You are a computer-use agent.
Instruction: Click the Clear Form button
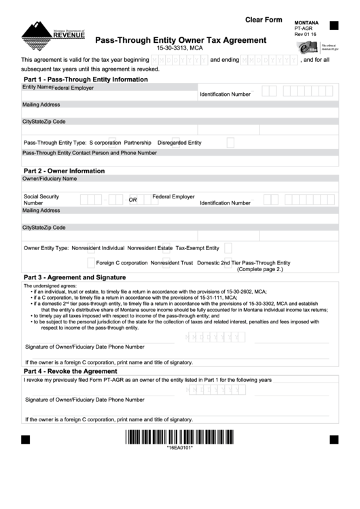click(x=263, y=20)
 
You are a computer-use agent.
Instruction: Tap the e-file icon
click(x=308, y=47)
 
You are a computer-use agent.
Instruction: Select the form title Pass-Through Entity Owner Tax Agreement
click(x=180, y=40)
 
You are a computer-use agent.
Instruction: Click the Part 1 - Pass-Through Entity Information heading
click(x=86, y=80)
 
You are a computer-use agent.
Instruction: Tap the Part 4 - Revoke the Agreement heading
click(x=71, y=372)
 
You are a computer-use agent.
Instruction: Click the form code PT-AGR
click(x=303, y=29)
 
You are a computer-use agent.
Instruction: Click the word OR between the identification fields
click(x=133, y=200)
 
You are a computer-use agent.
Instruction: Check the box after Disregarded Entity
click(x=230, y=143)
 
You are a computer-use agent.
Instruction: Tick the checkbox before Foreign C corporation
click(x=91, y=263)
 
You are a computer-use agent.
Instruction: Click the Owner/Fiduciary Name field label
click(x=50, y=179)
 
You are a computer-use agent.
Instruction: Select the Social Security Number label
click(x=41, y=199)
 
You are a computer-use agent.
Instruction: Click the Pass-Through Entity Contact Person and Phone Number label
click(x=90, y=153)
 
